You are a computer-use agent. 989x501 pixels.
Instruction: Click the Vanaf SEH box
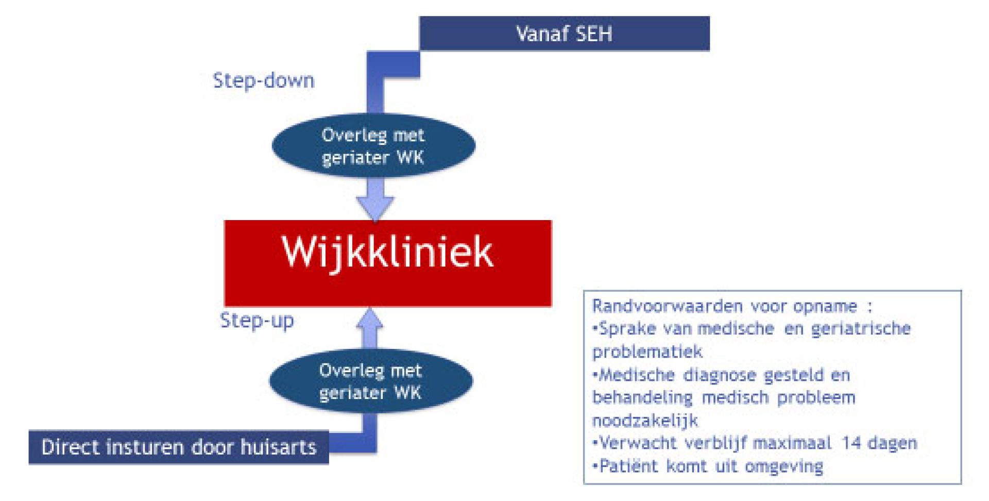tap(565, 34)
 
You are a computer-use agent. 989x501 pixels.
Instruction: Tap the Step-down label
tap(263, 81)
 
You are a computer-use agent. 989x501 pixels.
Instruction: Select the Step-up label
tap(257, 321)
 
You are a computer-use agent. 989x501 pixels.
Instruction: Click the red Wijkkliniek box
tap(388, 263)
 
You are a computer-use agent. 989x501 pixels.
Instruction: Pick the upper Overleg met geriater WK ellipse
tap(373, 146)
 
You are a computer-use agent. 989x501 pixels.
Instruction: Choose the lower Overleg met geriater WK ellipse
tap(371, 381)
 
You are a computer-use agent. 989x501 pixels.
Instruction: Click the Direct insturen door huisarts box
tap(179, 447)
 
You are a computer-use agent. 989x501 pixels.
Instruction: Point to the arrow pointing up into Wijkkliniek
tap(370, 328)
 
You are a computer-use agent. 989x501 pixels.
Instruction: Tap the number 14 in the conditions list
tap(852, 443)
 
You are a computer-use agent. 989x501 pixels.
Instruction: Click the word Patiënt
tap(629, 466)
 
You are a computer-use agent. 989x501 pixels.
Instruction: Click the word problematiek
tap(647, 352)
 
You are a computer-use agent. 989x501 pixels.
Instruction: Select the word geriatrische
tap(861, 329)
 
